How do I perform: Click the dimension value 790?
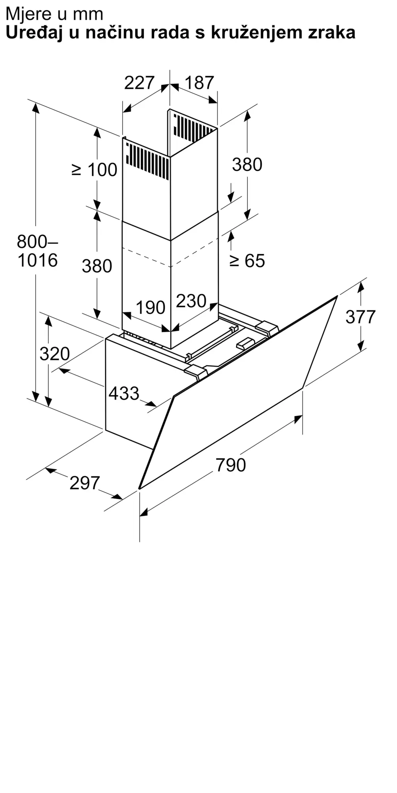pos(231,465)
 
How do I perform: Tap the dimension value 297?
pos(85,483)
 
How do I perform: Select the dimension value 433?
pos(124,393)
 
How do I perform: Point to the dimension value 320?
pos(55,354)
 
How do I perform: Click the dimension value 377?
pos(360,317)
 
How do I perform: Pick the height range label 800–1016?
pos(38,251)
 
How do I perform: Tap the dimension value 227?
pos(139,82)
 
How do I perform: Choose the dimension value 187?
pos(199,82)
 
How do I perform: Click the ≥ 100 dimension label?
pos(94,170)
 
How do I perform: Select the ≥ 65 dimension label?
pos(247,261)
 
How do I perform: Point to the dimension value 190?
pos(150,307)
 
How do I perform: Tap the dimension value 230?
pos(191,301)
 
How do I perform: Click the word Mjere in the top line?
pos(26,14)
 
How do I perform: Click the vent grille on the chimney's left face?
pos(147,161)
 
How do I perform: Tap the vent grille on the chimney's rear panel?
pos(193,128)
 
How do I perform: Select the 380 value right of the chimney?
pos(247,164)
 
